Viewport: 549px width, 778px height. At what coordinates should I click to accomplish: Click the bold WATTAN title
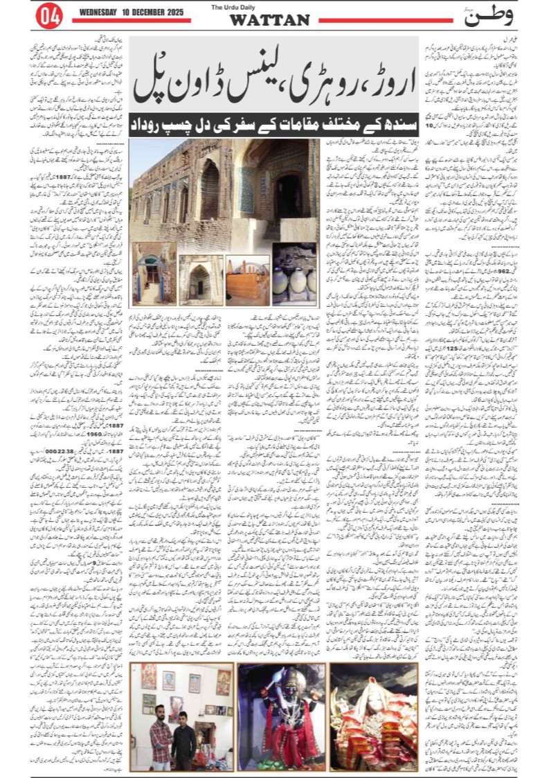coord(269,21)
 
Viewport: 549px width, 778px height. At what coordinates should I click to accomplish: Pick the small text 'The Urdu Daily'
coord(269,8)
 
